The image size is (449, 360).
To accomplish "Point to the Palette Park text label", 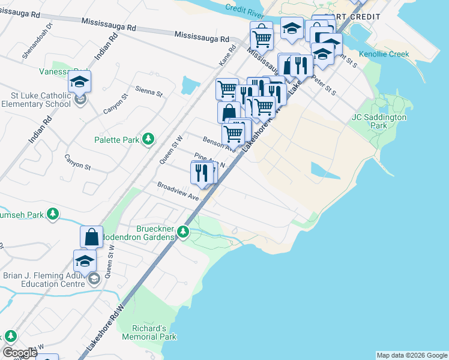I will [x=116, y=140].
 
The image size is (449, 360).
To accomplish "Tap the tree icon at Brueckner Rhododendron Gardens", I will [x=185, y=232].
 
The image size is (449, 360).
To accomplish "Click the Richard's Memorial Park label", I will [x=149, y=332].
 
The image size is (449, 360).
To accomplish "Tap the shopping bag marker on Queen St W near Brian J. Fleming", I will [x=91, y=237].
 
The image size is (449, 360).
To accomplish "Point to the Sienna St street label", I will [x=149, y=91].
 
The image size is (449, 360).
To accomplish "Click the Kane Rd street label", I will [x=225, y=58].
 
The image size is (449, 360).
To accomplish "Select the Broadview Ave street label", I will [x=178, y=191].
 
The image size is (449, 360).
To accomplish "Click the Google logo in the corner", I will [x=19, y=353].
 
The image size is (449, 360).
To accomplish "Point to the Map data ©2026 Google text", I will [x=411, y=355].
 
